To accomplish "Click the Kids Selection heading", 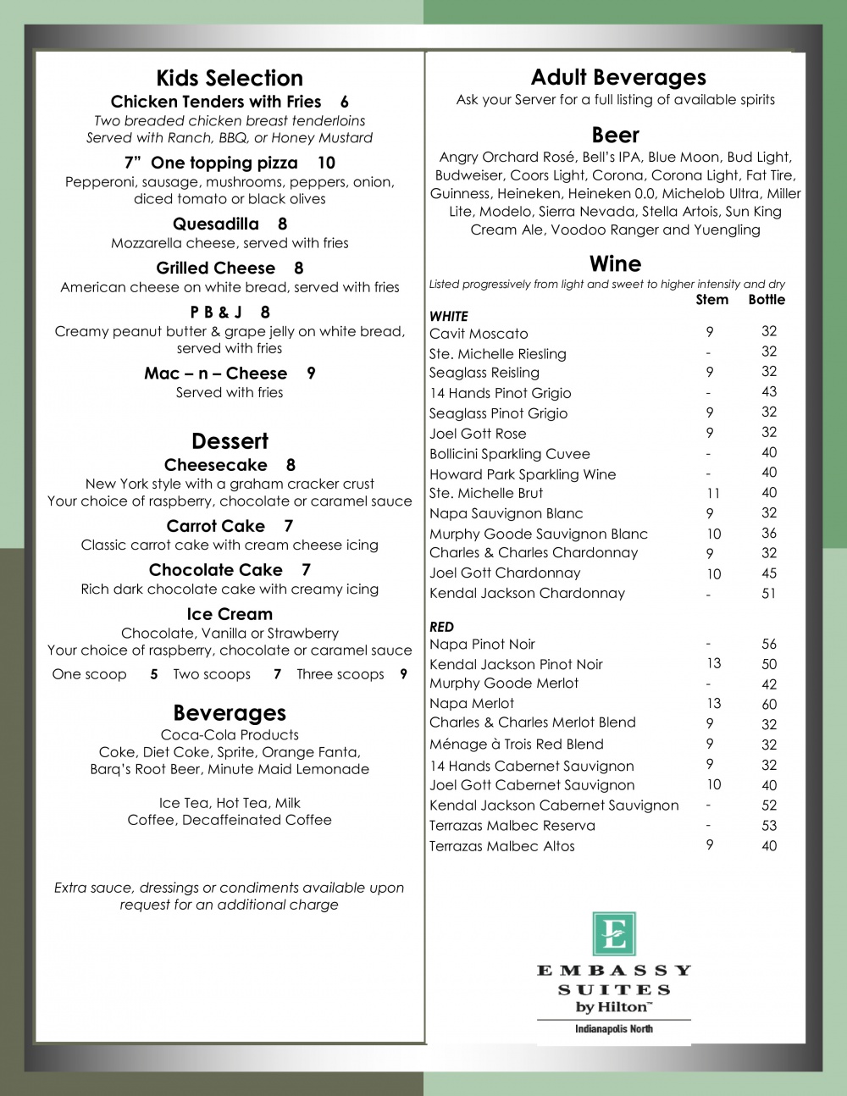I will pos(230,78).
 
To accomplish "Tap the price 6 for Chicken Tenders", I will pos(344,102).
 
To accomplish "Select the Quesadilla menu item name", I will pos(216,224).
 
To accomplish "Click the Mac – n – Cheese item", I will pos(216,374).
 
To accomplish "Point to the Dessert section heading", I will pos(230,441).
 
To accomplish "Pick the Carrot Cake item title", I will pos(216,526).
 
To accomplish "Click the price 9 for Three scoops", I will pos(403,674).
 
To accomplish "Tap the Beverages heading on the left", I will pos(230,713).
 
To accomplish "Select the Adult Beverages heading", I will pos(618,77).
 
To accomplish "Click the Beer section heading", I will pos(615,135).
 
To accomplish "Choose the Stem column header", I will pos(711,300).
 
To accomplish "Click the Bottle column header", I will pos(767,300).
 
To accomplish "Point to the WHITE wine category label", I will pos(449,316).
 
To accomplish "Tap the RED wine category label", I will pos(442,627).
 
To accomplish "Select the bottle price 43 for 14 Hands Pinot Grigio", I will pos(769,391).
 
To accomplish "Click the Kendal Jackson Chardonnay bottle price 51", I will pos(769,594).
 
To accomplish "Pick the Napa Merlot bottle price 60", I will pos(769,704).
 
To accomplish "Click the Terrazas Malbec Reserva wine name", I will pos(512,826).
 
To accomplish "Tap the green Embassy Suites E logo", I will pos(614,933).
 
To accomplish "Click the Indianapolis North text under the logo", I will pos(614,1029).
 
